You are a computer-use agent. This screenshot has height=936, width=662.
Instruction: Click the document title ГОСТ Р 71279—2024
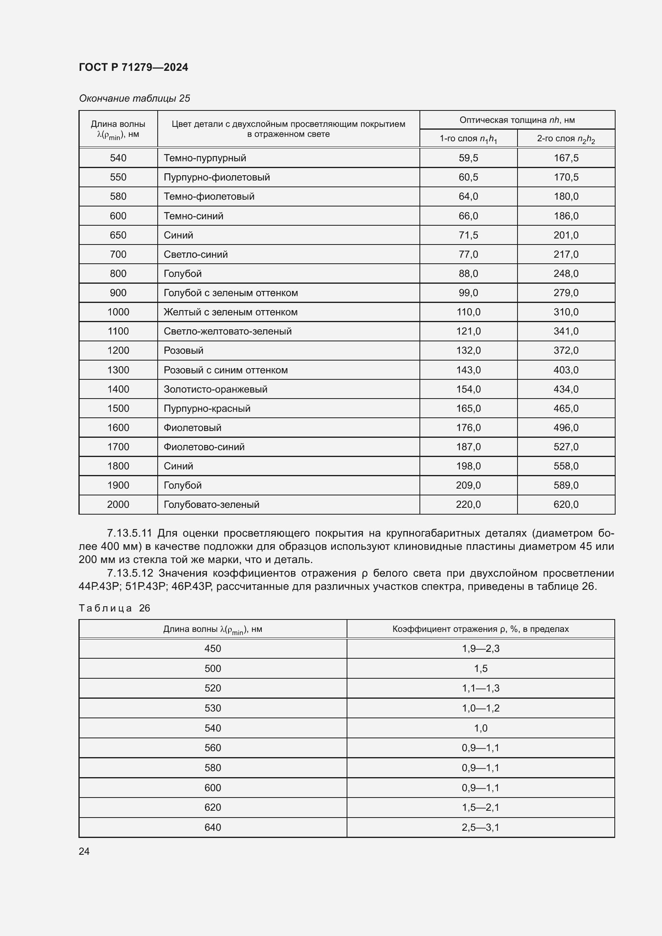click(133, 67)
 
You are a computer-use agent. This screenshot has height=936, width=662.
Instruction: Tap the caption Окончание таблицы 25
click(134, 98)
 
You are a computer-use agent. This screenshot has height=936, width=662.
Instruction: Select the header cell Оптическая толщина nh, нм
click(517, 120)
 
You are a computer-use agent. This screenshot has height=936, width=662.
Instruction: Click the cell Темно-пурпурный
click(205, 158)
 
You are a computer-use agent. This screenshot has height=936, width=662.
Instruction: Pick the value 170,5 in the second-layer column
click(566, 177)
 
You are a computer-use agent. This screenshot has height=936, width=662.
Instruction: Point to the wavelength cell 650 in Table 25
click(118, 235)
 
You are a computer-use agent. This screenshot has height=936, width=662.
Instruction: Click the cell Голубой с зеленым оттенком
click(230, 293)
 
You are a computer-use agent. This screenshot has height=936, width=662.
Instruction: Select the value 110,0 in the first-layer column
click(468, 312)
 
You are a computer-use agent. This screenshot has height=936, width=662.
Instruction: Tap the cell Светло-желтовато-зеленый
click(227, 331)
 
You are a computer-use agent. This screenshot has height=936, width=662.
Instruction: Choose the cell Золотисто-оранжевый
click(215, 389)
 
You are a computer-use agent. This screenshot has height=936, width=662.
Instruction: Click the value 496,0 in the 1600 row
click(566, 427)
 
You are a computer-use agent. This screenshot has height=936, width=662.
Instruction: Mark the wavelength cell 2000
click(118, 504)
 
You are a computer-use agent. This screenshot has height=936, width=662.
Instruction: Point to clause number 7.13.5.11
click(129, 533)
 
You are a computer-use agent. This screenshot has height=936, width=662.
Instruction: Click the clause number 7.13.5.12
click(130, 573)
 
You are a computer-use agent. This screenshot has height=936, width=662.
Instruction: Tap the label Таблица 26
click(114, 608)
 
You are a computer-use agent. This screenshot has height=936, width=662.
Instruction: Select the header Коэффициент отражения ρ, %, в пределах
click(480, 629)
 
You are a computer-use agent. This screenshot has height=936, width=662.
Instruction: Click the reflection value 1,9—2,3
click(480, 649)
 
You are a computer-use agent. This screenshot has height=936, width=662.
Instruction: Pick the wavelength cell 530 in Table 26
click(213, 708)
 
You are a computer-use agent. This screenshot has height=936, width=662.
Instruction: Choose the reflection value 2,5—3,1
click(480, 827)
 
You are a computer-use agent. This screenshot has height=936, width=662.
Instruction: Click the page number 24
click(84, 851)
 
